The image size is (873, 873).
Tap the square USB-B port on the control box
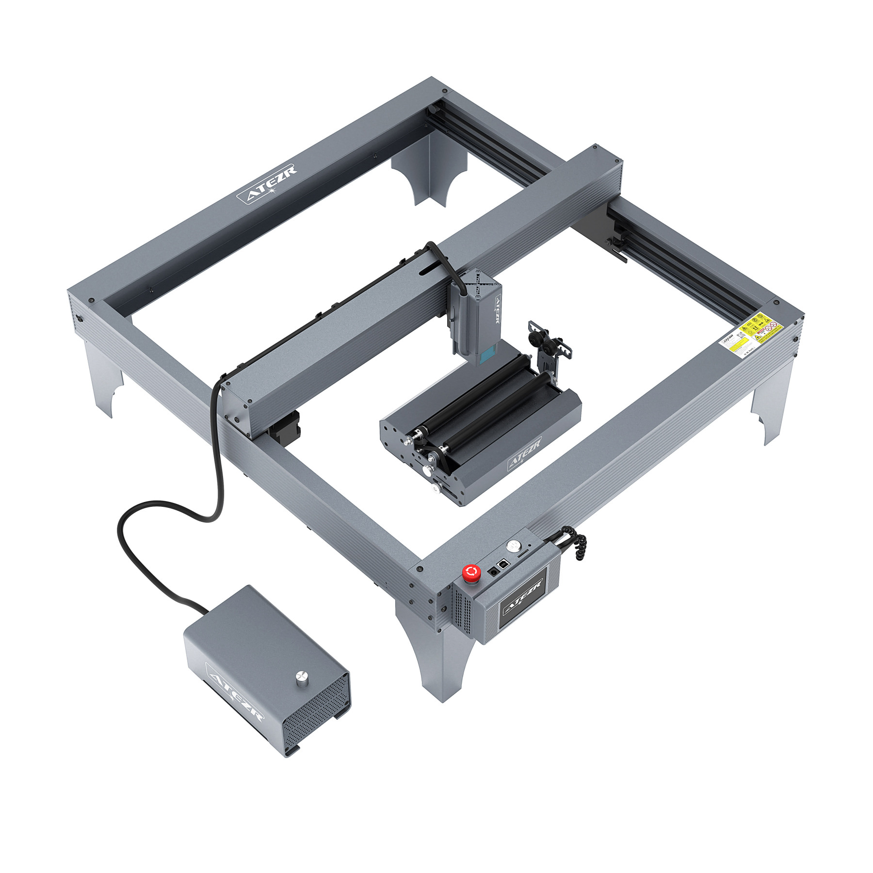point(504,565)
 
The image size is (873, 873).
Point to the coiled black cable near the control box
point(575,542)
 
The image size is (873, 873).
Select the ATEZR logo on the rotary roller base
point(524,453)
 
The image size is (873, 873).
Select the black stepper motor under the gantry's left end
point(286,427)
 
